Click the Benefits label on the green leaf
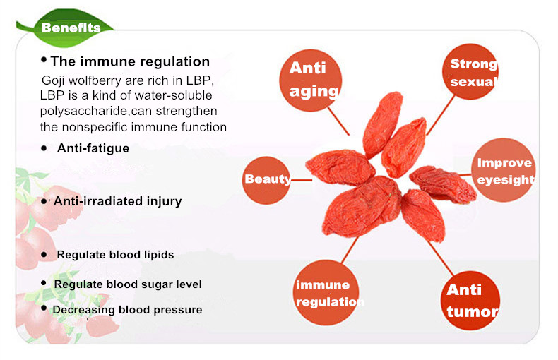[71, 28]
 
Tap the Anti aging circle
[310, 80]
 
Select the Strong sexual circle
[470, 72]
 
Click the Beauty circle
[266, 180]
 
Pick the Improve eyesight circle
[503, 170]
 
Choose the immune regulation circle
[326, 292]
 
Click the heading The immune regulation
[130, 61]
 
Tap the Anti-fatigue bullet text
[93, 148]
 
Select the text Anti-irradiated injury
[117, 201]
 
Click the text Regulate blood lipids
[115, 255]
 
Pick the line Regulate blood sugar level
[128, 284]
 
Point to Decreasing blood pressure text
[127, 310]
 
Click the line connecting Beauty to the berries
[301, 180]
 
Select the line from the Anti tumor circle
[441, 258]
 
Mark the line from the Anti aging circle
[338, 121]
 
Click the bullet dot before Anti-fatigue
[44, 148]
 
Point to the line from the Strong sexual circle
[441, 115]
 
